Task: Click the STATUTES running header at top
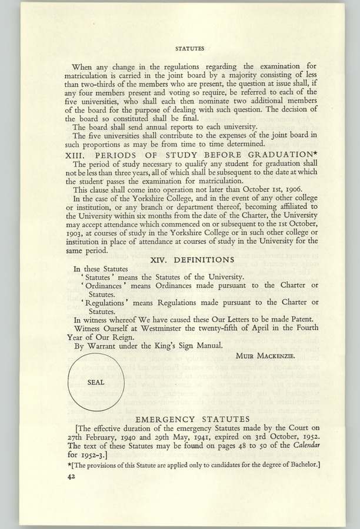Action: coord(189,49)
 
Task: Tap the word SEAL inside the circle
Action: coord(95,382)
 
